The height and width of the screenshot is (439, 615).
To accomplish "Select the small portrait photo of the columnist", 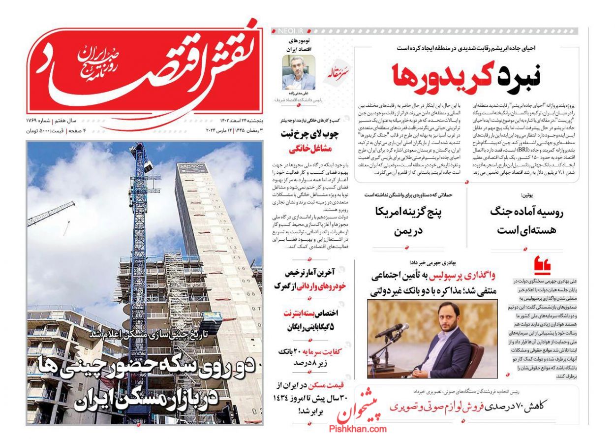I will point(299,72).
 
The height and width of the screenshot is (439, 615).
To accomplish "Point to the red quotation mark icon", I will point(542,265).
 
